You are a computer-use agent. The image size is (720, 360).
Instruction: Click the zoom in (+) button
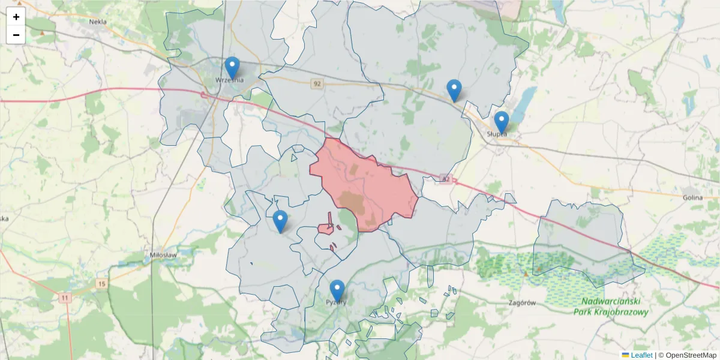click(x=16, y=17)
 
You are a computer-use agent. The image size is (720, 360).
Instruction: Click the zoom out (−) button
click(x=16, y=35)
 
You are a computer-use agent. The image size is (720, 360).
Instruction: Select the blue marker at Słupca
click(x=501, y=122)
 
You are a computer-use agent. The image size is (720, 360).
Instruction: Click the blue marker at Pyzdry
click(x=337, y=291)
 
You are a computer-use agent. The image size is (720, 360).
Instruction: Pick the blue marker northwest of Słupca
click(x=454, y=91)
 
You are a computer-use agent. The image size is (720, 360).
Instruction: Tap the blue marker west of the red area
click(x=280, y=221)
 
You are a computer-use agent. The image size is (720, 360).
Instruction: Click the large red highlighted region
click(x=363, y=183)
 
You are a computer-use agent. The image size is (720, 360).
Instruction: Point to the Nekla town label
click(x=97, y=22)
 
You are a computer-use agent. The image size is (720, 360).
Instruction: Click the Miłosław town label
click(x=163, y=255)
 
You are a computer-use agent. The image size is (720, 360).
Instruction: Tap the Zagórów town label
click(x=521, y=303)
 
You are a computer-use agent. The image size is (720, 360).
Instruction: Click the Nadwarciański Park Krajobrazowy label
click(x=610, y=307)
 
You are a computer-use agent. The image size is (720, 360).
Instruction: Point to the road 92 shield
click(x=317, y=84)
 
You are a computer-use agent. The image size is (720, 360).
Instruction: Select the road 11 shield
click(x=65, y=297)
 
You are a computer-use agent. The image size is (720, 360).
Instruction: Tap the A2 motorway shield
click(x=445, y=179)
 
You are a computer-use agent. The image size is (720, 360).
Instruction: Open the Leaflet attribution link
click(x=641, y=355)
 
